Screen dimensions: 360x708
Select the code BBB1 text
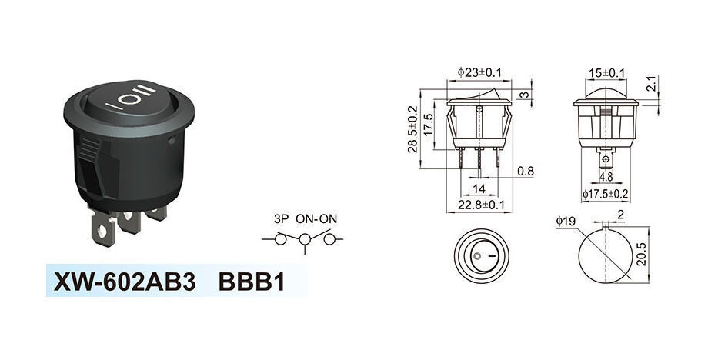click(252, 282)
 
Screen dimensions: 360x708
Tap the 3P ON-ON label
click(306, 219)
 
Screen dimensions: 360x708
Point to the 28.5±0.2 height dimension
click(414, 131)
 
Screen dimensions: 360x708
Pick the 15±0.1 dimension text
click(606, 73)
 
